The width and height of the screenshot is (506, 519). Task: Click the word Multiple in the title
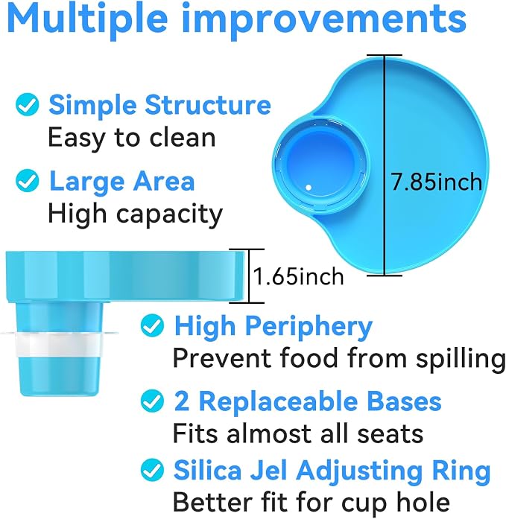coord(89,21)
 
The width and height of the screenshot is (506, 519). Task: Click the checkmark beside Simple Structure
coord(27,104)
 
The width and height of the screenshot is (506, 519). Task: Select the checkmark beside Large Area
coord(27,180)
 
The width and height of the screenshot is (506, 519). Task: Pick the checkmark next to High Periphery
coord(152,325)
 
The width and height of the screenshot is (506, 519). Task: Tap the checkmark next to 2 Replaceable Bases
coord(152,401)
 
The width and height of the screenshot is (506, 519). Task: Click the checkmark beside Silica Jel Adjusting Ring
coord(152,470)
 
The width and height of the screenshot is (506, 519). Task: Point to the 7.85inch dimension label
coord(437,182)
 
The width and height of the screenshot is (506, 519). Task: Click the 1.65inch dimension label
coord(298,276)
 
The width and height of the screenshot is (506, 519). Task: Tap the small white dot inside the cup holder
coord(309,188)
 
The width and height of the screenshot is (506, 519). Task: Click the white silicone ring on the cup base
coord(58,343)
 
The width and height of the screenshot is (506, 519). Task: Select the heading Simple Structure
coord(160,104)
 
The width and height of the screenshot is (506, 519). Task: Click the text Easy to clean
coord(132,137)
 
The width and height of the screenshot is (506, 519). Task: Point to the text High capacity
coord(136,214)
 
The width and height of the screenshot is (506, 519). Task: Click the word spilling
coord(461,359)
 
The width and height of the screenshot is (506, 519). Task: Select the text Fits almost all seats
coord(298,433)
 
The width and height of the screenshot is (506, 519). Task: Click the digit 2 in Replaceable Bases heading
coord(182,401)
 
